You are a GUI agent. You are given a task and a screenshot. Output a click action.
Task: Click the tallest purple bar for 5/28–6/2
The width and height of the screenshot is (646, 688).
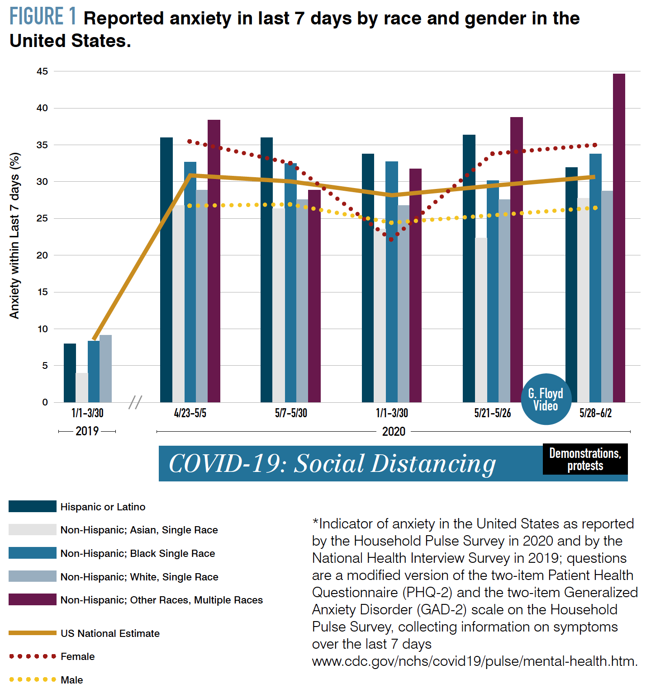point(619,237)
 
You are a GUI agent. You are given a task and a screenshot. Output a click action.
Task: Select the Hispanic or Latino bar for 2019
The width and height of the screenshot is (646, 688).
point(70,373)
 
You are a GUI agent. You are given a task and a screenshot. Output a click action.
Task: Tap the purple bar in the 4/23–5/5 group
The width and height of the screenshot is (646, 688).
point(214,261)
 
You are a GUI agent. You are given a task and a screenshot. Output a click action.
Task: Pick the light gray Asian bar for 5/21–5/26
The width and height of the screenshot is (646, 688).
point(481,320)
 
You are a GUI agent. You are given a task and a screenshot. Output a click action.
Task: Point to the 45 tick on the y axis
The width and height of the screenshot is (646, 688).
point(43,71)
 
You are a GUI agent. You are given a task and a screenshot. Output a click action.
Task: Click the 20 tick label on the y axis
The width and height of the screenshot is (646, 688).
point(43,255)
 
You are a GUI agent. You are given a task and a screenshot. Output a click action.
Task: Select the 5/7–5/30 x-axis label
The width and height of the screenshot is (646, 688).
point(291,413)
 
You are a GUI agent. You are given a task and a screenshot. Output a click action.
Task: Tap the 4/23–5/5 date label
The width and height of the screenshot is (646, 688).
point(190,413)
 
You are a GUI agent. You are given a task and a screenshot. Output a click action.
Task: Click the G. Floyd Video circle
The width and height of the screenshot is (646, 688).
point(546,399)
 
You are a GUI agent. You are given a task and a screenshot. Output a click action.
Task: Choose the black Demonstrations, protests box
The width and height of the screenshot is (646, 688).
point(585,459)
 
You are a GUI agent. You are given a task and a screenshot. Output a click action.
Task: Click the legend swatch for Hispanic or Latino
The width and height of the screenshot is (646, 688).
point(32,506)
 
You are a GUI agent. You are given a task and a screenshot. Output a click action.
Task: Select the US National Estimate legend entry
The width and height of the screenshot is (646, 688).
point(110,633)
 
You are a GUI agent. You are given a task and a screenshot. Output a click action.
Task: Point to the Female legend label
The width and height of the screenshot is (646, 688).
point(77,656)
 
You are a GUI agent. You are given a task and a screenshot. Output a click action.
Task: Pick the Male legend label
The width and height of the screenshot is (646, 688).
point(72,680)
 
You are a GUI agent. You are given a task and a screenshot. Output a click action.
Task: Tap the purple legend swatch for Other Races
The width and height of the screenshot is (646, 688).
point(32,599)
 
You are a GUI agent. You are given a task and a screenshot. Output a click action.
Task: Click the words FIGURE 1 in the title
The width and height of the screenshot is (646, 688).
point(43,17)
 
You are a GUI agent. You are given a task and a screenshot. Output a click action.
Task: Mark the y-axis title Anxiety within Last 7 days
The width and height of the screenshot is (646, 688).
point(14,236)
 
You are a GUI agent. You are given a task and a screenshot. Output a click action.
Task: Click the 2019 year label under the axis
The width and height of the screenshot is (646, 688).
point(87,431)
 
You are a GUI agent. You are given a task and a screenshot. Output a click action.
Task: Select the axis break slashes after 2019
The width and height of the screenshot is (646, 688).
point(135,402)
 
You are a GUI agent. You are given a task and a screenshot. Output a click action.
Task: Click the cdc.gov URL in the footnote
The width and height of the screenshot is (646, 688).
point(475,661)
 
